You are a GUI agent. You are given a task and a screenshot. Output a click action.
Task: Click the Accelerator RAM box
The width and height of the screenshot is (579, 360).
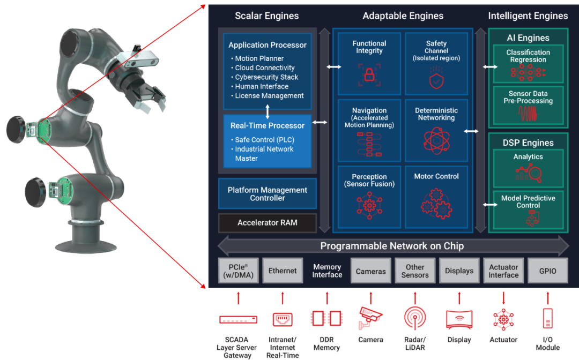(268, 223)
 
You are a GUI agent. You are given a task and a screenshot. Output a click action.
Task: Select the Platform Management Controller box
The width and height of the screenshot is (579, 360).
(268, 193)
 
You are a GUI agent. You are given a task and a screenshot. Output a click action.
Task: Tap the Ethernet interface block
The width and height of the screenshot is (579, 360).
(283, 271)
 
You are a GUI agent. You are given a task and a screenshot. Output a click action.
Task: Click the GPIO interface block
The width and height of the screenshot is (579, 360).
(547, 271)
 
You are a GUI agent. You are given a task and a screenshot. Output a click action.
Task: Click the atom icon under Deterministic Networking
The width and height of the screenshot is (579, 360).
(436, 140)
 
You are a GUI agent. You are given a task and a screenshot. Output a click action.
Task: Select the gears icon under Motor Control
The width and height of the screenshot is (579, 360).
(436, 204)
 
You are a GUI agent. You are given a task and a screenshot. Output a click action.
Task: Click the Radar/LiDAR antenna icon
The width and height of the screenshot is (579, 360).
(415, 318)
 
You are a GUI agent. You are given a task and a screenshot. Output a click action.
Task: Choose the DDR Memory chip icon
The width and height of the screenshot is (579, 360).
(327, 318)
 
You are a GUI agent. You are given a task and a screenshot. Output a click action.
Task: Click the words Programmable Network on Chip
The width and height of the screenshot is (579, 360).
(392, 246)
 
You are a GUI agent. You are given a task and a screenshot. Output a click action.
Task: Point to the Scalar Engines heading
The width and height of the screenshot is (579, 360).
(266, 16)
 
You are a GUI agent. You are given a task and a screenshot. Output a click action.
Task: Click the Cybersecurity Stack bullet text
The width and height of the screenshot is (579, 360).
(266, 77)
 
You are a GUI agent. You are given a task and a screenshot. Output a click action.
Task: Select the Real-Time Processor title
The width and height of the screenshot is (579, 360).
(268, 126)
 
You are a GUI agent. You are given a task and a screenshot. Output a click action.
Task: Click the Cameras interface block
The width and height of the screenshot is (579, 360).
(371, 271)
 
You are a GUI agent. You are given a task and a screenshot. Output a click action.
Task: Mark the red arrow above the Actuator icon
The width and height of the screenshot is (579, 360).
(503, 298)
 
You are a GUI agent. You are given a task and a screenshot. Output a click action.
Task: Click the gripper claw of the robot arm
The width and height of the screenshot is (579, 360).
(149, 97)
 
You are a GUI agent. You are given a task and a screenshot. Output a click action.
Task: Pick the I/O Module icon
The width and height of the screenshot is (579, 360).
(547, 318)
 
